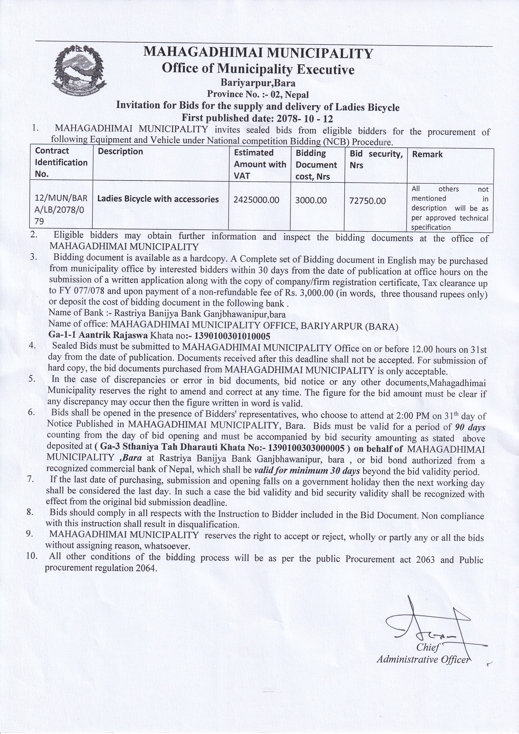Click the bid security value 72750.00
coord(367,201)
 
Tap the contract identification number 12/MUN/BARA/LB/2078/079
coord(61,209)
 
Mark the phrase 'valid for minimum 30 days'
coord(307,471)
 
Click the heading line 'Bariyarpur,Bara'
coord(258,83)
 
